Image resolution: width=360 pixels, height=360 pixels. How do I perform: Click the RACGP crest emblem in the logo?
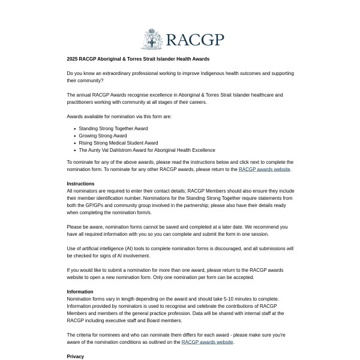(152, 40)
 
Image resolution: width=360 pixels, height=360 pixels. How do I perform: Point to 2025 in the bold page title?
(73, 59)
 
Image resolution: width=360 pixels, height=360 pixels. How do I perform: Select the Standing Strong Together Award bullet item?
(113, 128)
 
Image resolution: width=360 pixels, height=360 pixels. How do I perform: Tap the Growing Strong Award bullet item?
(103, 136)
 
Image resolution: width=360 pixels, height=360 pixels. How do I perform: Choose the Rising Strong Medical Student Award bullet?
(118, 143)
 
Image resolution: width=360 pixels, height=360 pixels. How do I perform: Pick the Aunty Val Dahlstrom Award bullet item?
(146, 150)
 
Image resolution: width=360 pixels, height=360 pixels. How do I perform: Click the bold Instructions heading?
(80, 184)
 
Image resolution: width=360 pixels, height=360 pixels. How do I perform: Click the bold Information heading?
(80, 292)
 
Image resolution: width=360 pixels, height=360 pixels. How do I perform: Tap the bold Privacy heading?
(76, 356)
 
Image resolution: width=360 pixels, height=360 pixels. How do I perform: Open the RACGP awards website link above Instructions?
(264, 169)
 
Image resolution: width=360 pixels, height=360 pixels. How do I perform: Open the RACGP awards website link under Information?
(207, 342)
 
